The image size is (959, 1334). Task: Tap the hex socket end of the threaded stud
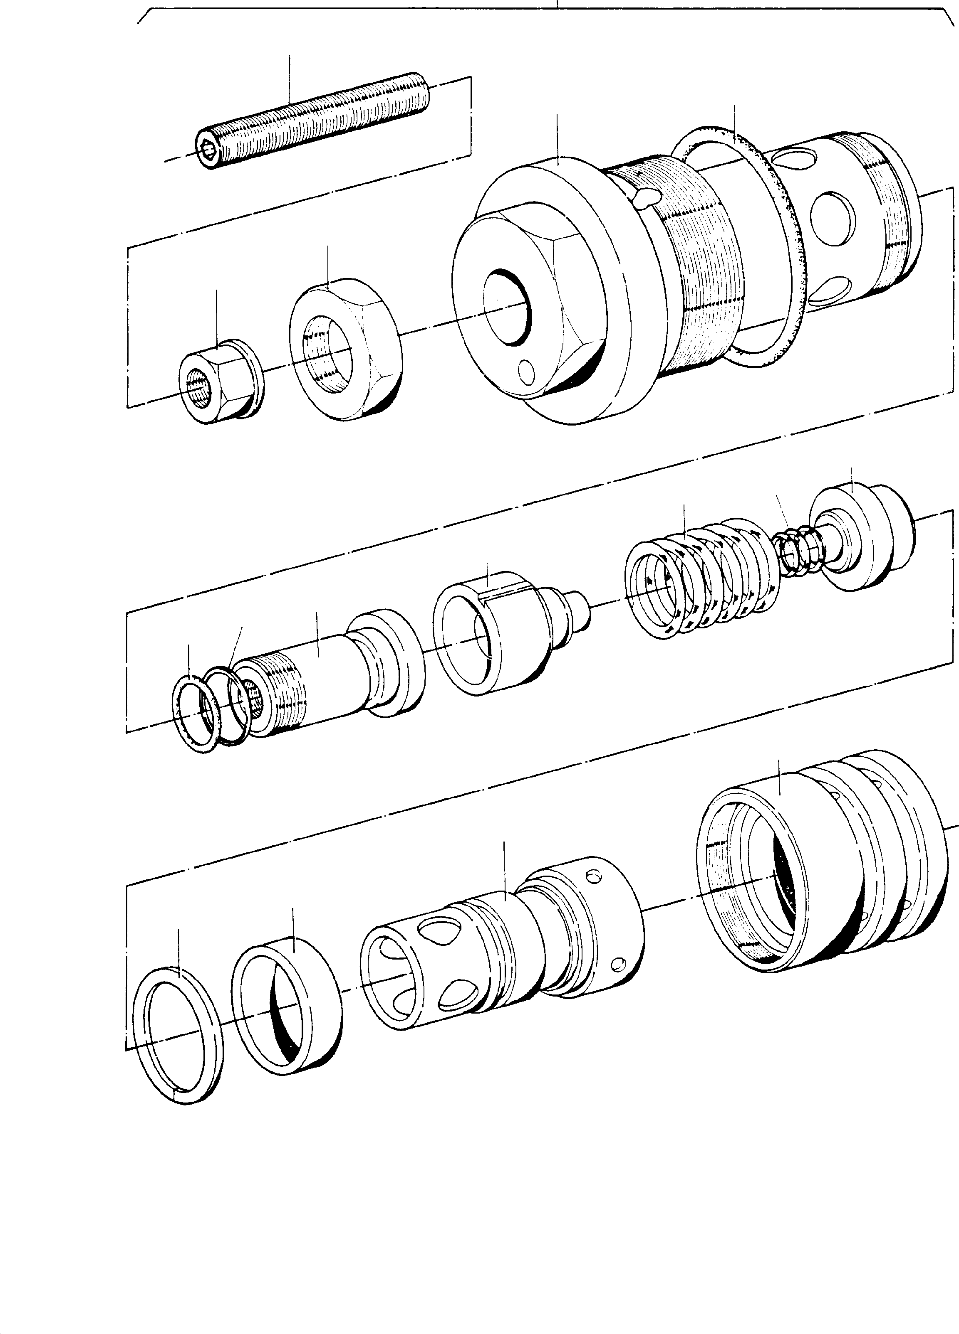tap(207, 154)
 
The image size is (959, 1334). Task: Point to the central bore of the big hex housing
tap(506, 306)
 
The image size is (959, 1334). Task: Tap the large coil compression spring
tap(701, 579)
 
